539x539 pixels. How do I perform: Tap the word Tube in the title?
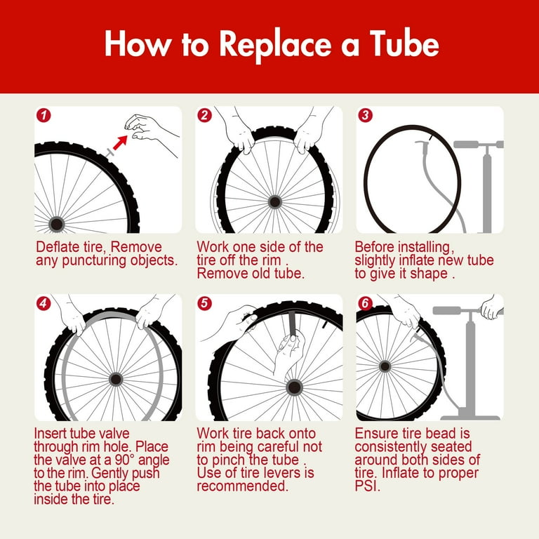(x=404, y=44)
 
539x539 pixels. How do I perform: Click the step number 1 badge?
(x=44, y=115)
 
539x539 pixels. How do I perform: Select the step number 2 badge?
(x=204, y=115)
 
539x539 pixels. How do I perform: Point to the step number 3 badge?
(x=365, y=115)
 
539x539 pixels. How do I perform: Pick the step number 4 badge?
(x=44, y=303)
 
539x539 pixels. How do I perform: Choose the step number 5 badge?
(x=204, y=303)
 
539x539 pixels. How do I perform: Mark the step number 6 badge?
(x=365, y=303)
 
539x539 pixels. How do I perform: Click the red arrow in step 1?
(x=120, y=142)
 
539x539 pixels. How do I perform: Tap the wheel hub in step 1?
(x=56, y=224)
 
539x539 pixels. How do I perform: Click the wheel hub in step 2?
(x=274, y=202)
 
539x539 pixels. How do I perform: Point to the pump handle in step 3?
(x=479, y=145)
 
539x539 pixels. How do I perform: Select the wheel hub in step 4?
(x=116, y=380)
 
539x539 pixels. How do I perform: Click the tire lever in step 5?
(x=293, y=323)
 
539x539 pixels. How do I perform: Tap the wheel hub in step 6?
(x=385, y=366)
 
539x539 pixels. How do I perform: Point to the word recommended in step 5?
(x=242, y=486)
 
